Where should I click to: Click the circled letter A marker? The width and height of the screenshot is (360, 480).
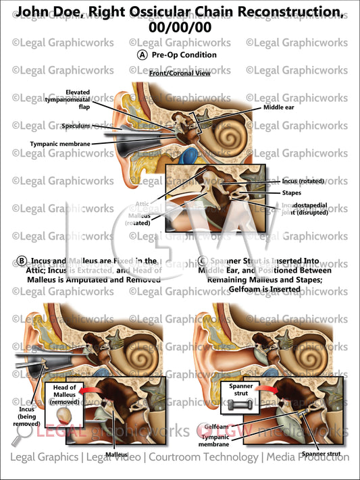pyautogui.click(x=142, y=55)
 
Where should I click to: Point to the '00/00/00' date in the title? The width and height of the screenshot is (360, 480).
pyautogui.click(x=180, y=28)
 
